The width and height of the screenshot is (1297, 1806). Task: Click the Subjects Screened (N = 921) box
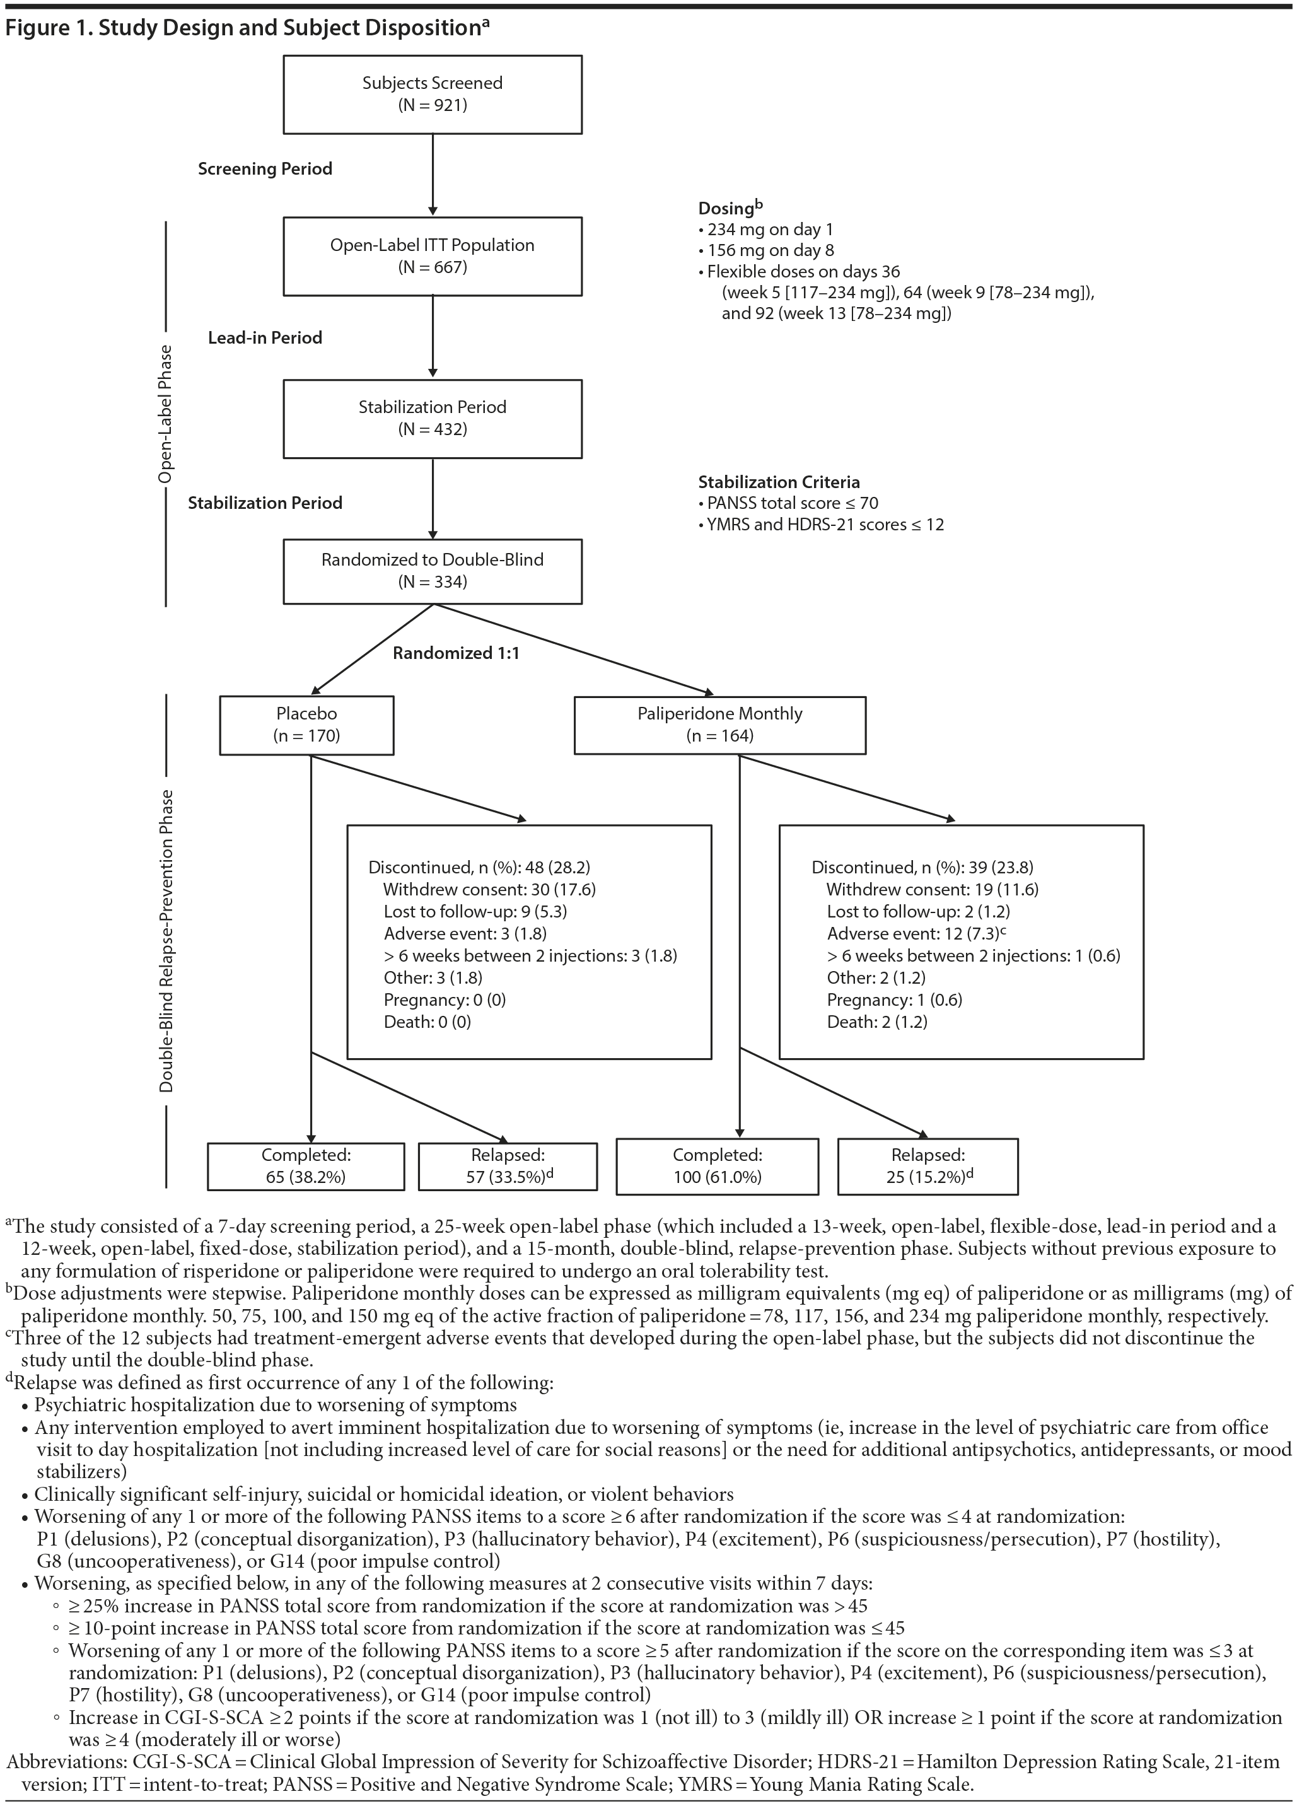(433, 94)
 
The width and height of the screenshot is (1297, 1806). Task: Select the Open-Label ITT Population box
(433, 255)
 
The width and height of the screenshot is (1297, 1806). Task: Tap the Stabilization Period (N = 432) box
(433, 418)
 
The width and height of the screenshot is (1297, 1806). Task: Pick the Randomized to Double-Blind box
(433, 570)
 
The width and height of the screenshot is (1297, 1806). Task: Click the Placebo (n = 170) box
(306, 725)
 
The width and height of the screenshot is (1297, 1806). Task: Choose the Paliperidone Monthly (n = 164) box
(720, 725)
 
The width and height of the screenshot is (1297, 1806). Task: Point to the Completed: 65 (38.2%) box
(306, 1166)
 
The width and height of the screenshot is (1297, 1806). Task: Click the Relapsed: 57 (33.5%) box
(507, 1166)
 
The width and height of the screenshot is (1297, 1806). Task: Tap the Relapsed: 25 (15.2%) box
(928, 1166)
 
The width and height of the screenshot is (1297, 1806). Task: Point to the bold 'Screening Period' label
(265, 169)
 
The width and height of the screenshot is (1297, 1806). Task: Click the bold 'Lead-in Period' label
(265, 337)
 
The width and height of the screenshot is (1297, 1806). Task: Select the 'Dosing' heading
(726, 209)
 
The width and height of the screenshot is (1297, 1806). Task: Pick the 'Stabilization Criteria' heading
(779, 482)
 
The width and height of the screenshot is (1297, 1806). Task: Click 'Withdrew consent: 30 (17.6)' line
(489, 890)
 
